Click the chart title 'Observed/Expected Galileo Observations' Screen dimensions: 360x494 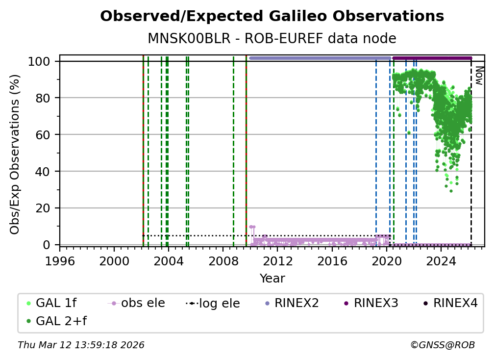272,17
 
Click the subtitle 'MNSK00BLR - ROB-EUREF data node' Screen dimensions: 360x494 272,38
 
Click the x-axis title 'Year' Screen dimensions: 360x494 272,279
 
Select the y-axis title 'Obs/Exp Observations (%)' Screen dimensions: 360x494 15,154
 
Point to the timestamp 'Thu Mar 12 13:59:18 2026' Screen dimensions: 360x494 81,345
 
